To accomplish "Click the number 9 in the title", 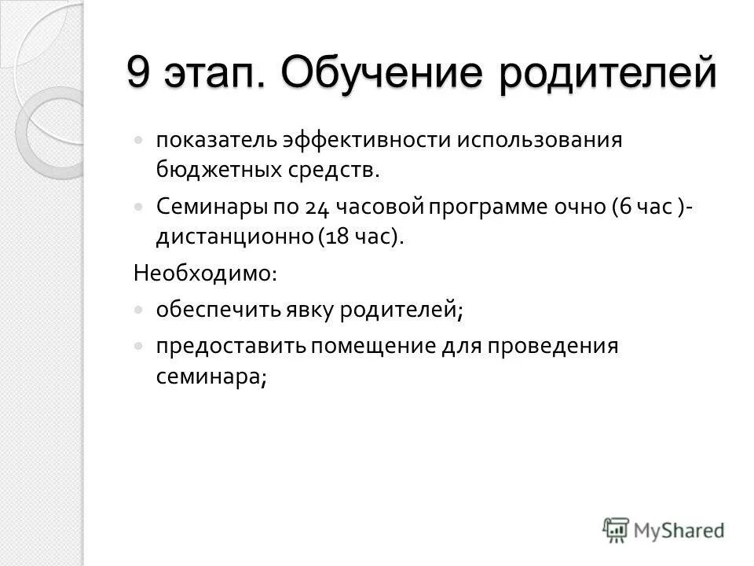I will click(x=138, y=74).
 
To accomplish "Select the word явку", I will click(x=289, y=310).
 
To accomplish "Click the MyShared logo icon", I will click(x=617, y=530).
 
